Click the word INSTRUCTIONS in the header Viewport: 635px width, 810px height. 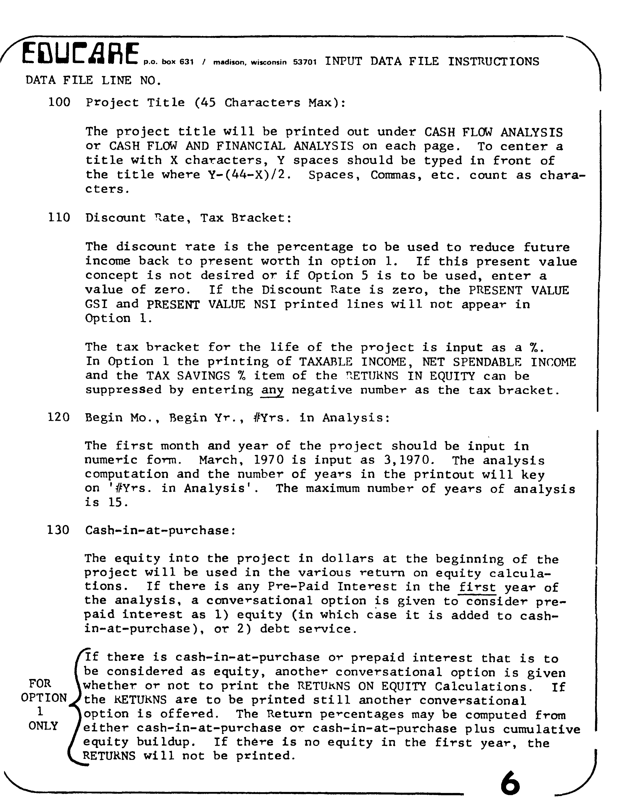tap(493, 61)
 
